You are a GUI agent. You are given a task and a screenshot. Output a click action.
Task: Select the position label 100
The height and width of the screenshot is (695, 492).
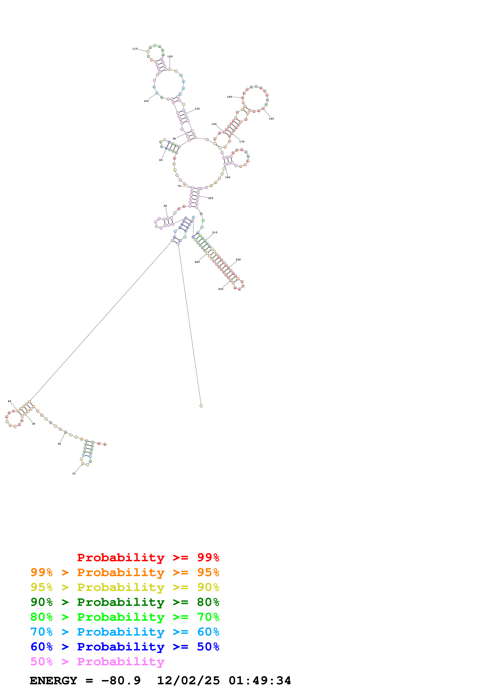pyautogui.click(x=146, y=101)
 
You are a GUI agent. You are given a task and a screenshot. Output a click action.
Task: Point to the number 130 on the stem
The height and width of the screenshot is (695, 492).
pyautogui.click(x=197, y=109)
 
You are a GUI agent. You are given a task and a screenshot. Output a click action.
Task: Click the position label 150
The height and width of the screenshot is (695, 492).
pyautogui.click(x=229, y=97)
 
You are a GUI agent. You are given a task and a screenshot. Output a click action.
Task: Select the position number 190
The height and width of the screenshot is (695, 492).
pyautogui.click(x=228, y=177)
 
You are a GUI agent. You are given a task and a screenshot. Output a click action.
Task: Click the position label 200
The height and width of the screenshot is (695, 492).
pyautogui.click(x=211, y=198)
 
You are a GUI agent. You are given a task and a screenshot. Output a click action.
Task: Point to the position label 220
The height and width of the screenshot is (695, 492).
pyautogui.click(x=238, y=259)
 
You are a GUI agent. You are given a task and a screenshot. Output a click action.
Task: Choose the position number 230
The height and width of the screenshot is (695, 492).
pyautogui.click(x=221, y=289)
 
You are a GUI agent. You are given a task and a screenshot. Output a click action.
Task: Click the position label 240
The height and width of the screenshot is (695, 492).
pyautogui.click(x=197, y=262)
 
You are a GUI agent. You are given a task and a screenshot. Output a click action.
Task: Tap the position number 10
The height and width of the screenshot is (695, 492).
pyautogui.click(x=74, y=474)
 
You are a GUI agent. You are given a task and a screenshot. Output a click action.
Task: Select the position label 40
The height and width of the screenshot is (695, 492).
pyautogui.click(x=9, y=401)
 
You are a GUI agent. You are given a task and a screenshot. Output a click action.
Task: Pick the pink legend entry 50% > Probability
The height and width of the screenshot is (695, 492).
pyautogui.click(x=97, y=662)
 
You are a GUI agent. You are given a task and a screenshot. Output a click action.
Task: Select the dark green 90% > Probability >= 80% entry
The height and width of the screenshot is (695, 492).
pyautogui.click(x=125, y=602)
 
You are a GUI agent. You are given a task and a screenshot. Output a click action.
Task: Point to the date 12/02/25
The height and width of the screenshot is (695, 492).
pyautogui.click(x=188, y=681)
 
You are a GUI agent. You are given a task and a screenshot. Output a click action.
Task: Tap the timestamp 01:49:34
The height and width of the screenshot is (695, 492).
pyautogui.click(x=260, y=681)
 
